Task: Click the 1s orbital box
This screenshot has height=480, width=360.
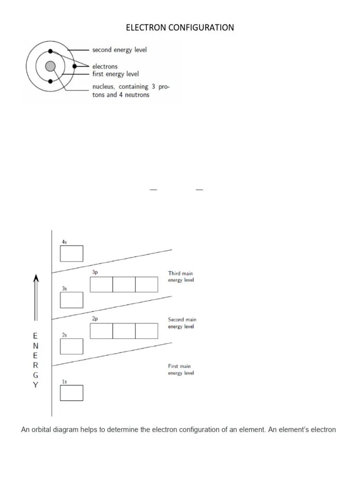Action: click(72, 393)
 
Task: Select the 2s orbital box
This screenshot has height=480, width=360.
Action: click(72, 346)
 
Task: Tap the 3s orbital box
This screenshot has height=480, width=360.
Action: click(72, 300)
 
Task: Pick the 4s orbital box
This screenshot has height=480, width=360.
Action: click(72, 254)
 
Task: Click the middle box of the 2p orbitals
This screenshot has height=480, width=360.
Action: click(124, 331)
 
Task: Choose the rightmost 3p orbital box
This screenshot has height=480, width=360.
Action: click(147, 285)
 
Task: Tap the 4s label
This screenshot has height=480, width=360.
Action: click(64, 241)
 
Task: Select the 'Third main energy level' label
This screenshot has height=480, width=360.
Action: click(180, 277)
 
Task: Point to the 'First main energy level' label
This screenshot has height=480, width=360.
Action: click(180, 369)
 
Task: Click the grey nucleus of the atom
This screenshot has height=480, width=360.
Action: click(51, 66)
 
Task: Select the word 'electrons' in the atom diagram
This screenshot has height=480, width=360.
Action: click(105, 67)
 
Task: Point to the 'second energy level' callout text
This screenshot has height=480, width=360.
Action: click(119, 50)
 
